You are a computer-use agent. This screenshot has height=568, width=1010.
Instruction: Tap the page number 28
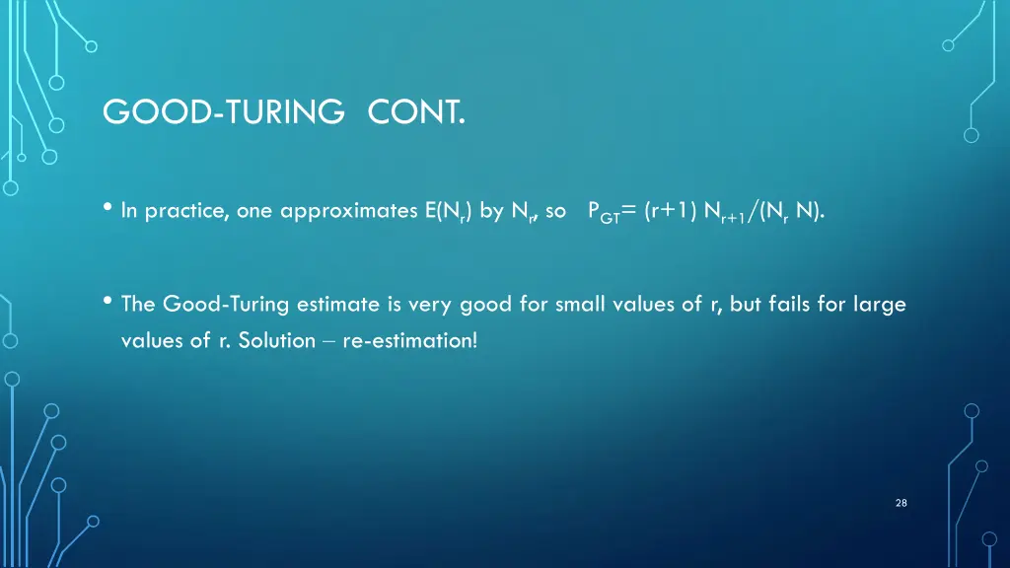(901, 503)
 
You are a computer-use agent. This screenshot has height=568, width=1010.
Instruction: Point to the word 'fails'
(790, 305)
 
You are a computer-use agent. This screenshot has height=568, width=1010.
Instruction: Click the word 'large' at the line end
(882, 305)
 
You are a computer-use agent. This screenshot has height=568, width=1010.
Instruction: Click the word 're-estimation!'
(409, 342)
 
